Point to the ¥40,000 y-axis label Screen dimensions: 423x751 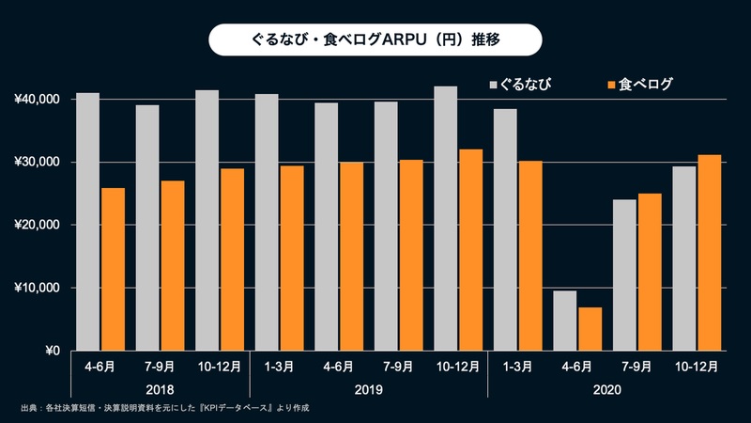(37, 100)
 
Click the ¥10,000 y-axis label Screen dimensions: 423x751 (37, 288)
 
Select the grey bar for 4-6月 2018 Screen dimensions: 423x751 (87, 222)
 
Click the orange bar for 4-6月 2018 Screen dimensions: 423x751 (113, 270)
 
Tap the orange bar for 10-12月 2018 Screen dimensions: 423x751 (232, 259)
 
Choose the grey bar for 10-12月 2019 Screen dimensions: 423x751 (445, 218)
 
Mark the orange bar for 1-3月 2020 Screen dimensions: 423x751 (530, 256)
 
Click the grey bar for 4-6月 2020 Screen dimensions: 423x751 (564, 321)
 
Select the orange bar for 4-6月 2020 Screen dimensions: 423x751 (590, 329)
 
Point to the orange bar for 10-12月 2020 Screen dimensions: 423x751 (709, 253)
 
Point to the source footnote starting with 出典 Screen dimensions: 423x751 (165, 408)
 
